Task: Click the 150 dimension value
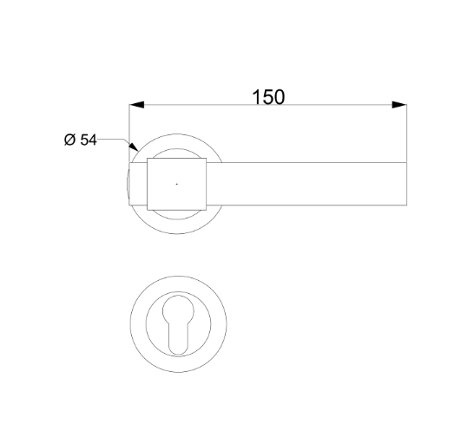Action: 268,96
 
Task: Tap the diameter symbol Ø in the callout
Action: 70,140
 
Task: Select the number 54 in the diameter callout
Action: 89,140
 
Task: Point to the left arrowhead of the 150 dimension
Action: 137,106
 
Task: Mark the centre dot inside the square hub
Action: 176,184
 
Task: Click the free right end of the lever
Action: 405,184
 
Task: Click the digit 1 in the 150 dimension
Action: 256,96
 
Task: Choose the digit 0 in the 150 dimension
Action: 280,96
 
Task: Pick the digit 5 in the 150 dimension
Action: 267,96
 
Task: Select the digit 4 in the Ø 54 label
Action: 93,140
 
